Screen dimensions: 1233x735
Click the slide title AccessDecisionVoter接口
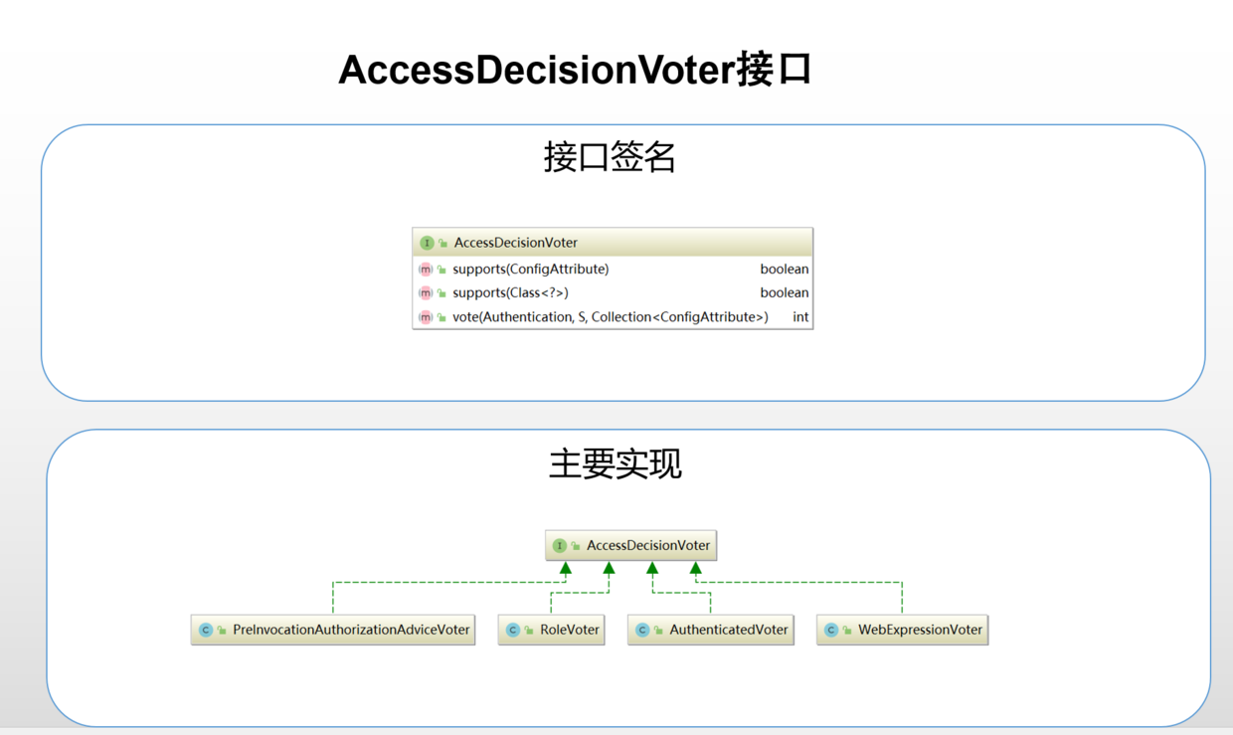click(575, 70)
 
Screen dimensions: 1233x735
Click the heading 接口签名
click(610, 157)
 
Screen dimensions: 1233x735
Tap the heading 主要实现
click(615, 463)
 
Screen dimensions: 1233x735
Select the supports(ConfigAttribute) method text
click(530, 269)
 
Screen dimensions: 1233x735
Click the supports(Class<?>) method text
click(510, 292)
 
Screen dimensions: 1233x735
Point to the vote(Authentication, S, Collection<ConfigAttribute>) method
click(610, 316)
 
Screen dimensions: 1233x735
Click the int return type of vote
click(800, 316)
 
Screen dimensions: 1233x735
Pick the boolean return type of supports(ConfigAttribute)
click(784, 269)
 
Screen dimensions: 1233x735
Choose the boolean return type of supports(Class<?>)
click(784, 292)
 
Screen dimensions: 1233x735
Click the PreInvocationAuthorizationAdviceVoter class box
click(333, 630)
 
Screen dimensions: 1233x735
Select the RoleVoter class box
click(552, 630)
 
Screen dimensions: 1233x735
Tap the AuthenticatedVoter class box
click(711, 630)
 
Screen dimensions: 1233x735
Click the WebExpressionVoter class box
click(903, 630)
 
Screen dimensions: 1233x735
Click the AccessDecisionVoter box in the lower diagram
click(631, 545)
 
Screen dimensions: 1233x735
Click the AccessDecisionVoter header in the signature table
click(515, 243)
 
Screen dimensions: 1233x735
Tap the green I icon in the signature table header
click(427, 243)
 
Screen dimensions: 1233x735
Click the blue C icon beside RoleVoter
click(513, 630)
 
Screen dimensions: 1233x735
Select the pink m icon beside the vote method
click(426, 317)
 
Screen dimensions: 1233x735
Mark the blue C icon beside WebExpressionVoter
click(831, 630)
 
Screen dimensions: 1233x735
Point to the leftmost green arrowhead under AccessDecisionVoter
click(566, 569)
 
